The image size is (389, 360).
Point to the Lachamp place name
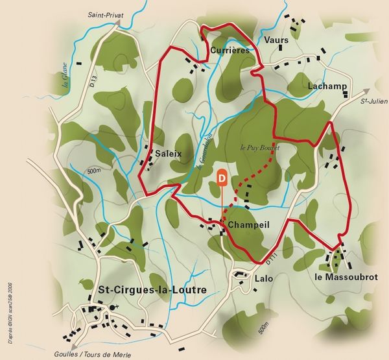click(x=328, y=86)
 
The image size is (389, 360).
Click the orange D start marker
click(x=222, y=176)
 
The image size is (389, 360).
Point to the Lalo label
click(x=263, y=278)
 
